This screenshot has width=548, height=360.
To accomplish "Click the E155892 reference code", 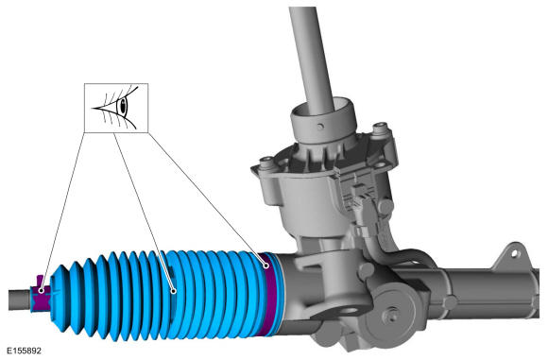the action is pyautogui.click(x=24, y=351).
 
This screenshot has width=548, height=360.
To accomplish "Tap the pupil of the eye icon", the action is pyautogui.click(x=123, y=105).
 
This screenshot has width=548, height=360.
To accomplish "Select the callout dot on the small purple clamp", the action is pyautogui.click(x=42, y=290).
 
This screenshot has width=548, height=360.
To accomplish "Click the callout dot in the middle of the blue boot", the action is pyautogui.click(x=173, y=291).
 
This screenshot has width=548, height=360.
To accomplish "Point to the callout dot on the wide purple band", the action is pyautogui.click(x=266, y=266).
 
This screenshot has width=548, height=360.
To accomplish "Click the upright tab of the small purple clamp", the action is pyautogui.click(x=40, y=280).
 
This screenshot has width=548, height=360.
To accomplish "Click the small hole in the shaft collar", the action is pyautogui.click(x=320, y=127).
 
